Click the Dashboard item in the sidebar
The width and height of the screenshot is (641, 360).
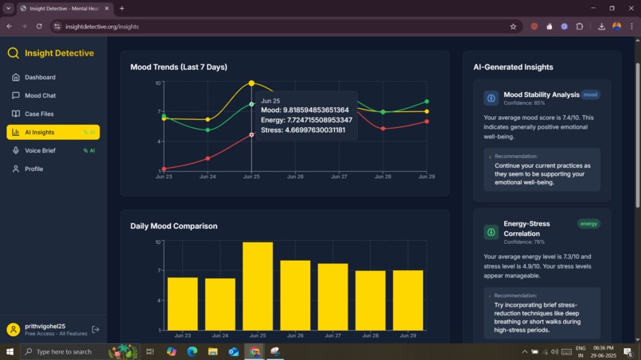40,77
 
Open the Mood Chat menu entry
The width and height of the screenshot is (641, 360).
40,95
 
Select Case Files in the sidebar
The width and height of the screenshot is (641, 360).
39,114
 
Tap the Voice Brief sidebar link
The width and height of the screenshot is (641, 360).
40,150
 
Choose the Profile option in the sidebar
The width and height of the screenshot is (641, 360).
33,168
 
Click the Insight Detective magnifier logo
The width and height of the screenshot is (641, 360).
14,53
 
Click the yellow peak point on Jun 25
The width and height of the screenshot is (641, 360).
251,83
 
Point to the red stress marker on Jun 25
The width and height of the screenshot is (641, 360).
251,134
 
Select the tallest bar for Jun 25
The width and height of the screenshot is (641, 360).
258,286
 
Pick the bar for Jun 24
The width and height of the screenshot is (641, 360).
220,304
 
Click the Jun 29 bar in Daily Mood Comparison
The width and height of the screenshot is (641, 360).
408,300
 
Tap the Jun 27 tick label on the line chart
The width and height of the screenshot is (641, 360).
339,176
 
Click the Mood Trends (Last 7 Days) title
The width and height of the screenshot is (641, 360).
178,67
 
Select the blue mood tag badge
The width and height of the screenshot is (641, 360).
590,95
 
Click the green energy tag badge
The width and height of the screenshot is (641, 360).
589,224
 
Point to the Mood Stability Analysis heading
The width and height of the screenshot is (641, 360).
541,95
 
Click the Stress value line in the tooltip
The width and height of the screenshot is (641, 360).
303,130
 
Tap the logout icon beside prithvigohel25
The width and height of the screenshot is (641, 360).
95,329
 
